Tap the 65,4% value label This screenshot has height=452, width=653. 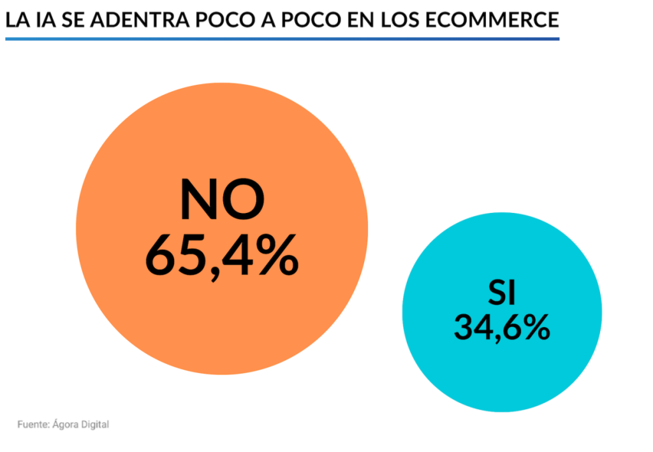click(x=222, y=254)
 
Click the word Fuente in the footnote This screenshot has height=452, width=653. click(x=33, y=424)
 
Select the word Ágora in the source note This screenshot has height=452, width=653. click(x=67, y=424)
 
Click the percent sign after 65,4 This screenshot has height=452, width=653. click(x=277, y=254)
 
